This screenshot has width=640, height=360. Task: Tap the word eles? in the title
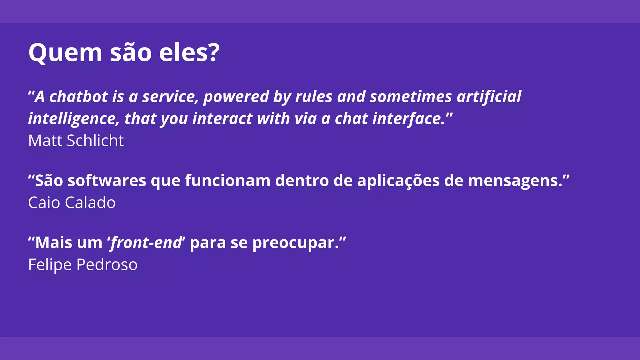coord(189,52)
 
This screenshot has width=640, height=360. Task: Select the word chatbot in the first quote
coord(78,97)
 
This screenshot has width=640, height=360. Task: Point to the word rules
coord(314,97)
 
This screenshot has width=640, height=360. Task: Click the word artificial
coord(489,97)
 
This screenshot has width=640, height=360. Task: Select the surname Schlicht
coord(95,141)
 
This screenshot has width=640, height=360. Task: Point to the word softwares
coord(107,181)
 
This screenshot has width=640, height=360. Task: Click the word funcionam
coord(227,181)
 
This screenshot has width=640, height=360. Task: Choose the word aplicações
coord(398,181)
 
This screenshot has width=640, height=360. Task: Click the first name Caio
coord(44,202)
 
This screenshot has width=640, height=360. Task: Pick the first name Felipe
coord(50,265)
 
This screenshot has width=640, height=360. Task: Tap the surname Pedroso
coord(107,265)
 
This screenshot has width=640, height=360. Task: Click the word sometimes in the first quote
coord(411,97)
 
